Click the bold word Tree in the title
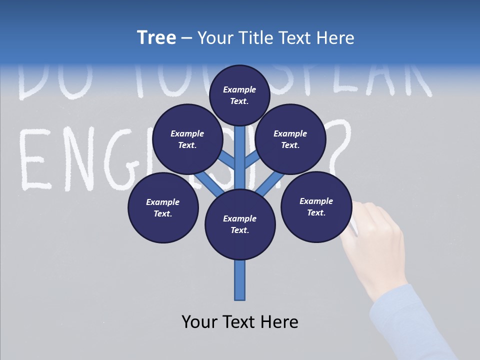point(156,37)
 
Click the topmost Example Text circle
point(239,95)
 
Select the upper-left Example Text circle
point(187,139)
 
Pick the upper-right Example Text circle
point(290,139)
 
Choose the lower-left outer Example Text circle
point(163,207)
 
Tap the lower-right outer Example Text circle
point(316,206)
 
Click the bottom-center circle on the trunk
point(240,224)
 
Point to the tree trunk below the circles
point(240,280)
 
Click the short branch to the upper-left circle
point(227,159)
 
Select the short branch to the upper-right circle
point(252,159)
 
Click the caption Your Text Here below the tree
point(240,322)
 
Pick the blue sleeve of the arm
point(410,325)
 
